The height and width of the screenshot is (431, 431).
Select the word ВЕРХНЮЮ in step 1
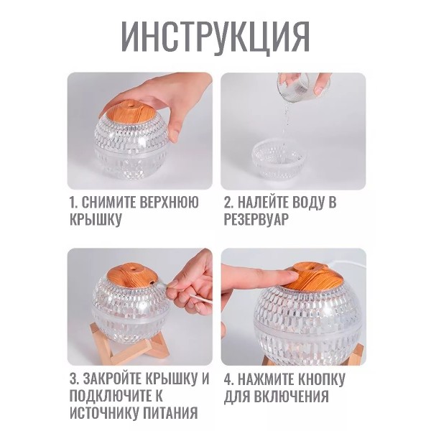[x=169, y=203]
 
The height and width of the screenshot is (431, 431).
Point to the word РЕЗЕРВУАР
[x=256, y=220]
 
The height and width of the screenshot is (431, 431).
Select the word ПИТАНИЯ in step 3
[x=170, y=413]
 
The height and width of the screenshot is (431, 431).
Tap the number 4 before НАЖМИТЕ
[x=228, y=379]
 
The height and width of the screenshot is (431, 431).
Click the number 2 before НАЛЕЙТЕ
[x=228, y=203]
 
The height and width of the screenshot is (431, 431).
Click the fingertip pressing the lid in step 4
[x=292, y=276]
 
